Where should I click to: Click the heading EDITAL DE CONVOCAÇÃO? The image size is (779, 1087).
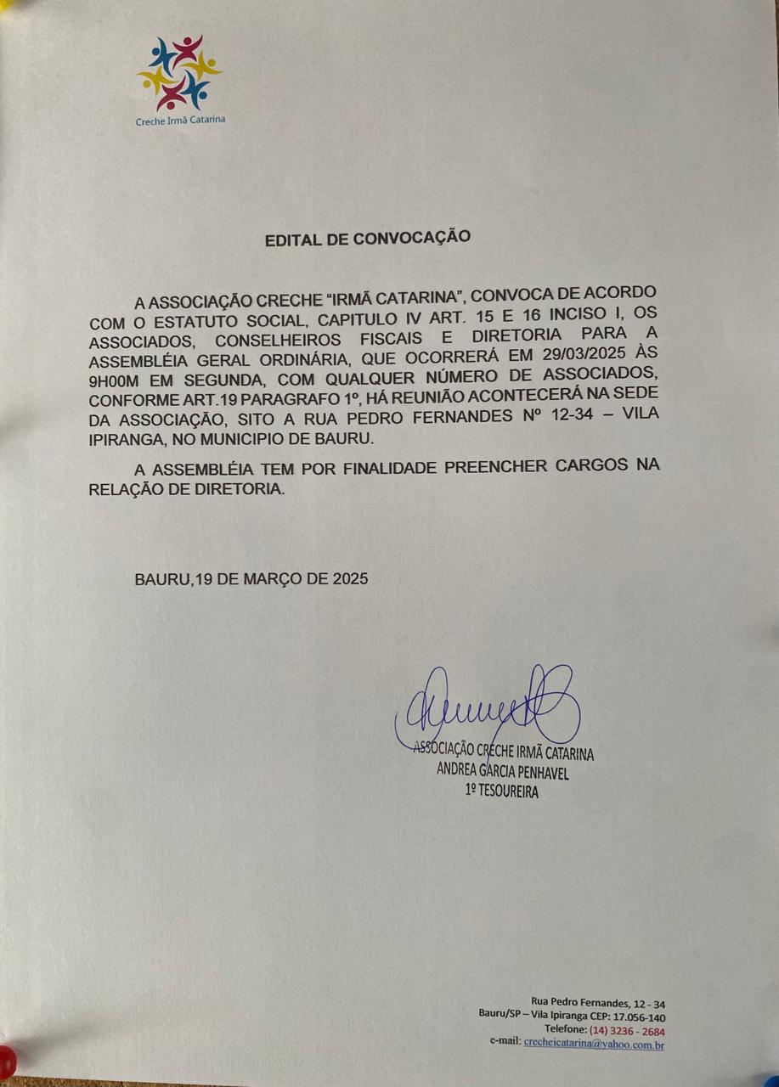[368, 239]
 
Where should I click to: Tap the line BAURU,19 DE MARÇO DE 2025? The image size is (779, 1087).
[251, 579]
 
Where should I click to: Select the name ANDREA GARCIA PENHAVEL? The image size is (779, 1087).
[502, 773]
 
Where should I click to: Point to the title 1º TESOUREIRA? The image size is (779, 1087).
[501, 791]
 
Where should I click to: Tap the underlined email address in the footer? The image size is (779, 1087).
[594, 1045]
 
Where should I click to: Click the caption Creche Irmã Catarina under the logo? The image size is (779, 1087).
[180, 121]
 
